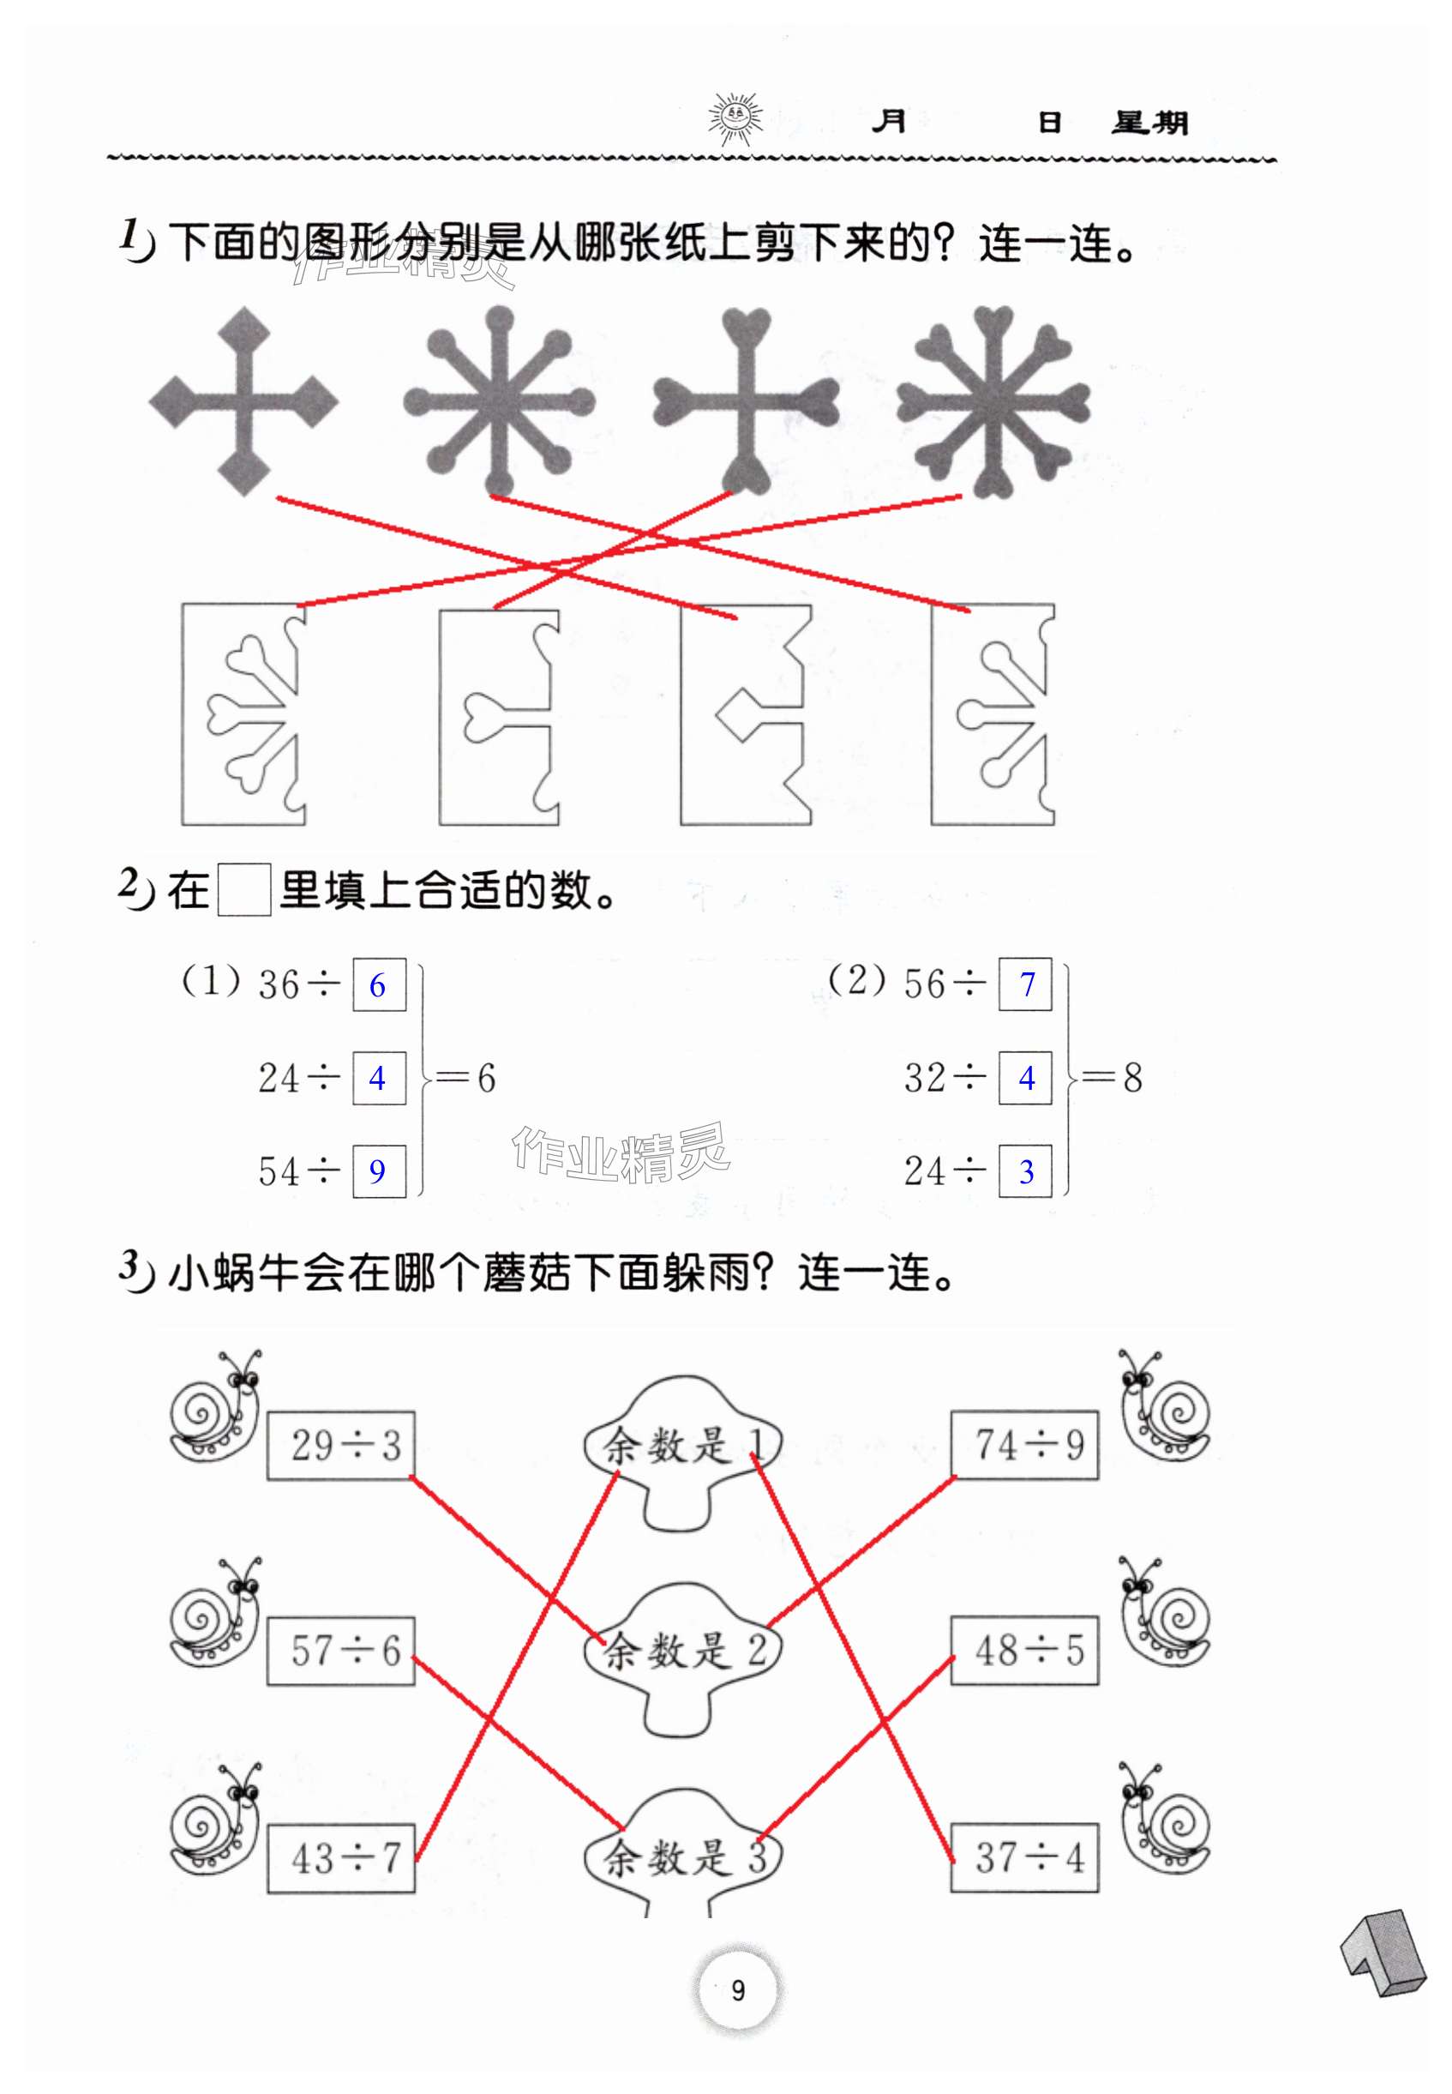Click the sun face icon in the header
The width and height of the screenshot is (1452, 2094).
tap(735, 117)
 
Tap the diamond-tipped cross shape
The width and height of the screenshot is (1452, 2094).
tap(243, 401)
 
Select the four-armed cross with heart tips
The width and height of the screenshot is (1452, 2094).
tap(745, 401)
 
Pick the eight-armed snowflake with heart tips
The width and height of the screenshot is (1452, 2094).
tap(993, 401)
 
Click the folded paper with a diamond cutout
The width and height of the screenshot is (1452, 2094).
tap(745, 715)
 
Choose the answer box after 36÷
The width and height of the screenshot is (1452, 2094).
tap(379, 984)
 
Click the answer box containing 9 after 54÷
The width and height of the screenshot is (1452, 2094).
tap(379, 1170)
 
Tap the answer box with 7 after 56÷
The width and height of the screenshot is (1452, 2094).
tap(1025, 984)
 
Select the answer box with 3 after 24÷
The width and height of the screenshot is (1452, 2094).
tap(1025, 1171)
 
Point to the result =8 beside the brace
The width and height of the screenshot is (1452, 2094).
tap(1119, 1078)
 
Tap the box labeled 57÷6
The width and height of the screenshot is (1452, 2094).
tap(341, 1651)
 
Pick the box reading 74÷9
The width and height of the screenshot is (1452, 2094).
tap(1025, 1444)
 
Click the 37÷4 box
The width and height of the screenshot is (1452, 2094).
tap(1025, 1857)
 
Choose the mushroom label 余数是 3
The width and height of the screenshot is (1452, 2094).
tap(682, 1856)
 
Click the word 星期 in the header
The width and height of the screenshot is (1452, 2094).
tap(1149, 122)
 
